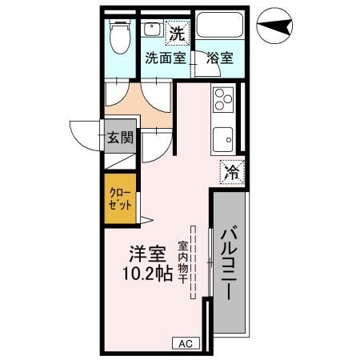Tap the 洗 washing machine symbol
click(175, 34)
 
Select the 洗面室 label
click(165, 58)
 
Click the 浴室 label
click(219, 58)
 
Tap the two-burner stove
click(223, 102)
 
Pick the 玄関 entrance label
click(120, 138)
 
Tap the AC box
click(185, 343)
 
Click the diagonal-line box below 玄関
click(120, 159)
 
